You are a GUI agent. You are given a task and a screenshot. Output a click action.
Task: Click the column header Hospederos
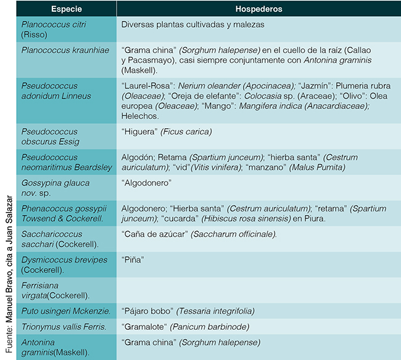(x=258, y=10)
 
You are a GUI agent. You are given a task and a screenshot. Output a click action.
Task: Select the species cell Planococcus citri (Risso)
(x=54, y=29)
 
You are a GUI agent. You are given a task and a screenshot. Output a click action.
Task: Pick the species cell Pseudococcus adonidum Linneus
(x=56, y=91)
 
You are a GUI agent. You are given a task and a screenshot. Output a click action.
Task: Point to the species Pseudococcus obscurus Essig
(x=50, y=136)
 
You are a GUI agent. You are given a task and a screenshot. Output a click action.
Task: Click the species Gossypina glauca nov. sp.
(x=56, y=188)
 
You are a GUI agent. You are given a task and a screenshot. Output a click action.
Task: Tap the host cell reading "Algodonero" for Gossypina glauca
(x=146, y=183)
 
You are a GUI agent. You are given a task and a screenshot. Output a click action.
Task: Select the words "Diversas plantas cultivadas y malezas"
(x=193, y=25)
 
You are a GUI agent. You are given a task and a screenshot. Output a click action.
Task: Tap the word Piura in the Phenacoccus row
(x=313, y=219)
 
